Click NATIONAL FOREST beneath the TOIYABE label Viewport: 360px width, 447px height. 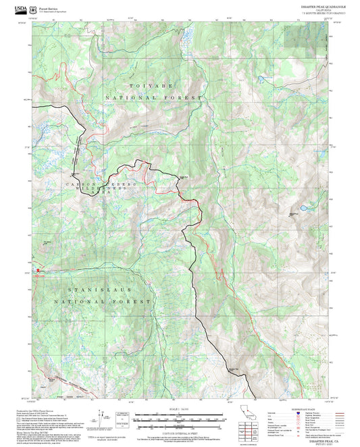[153, 98]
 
